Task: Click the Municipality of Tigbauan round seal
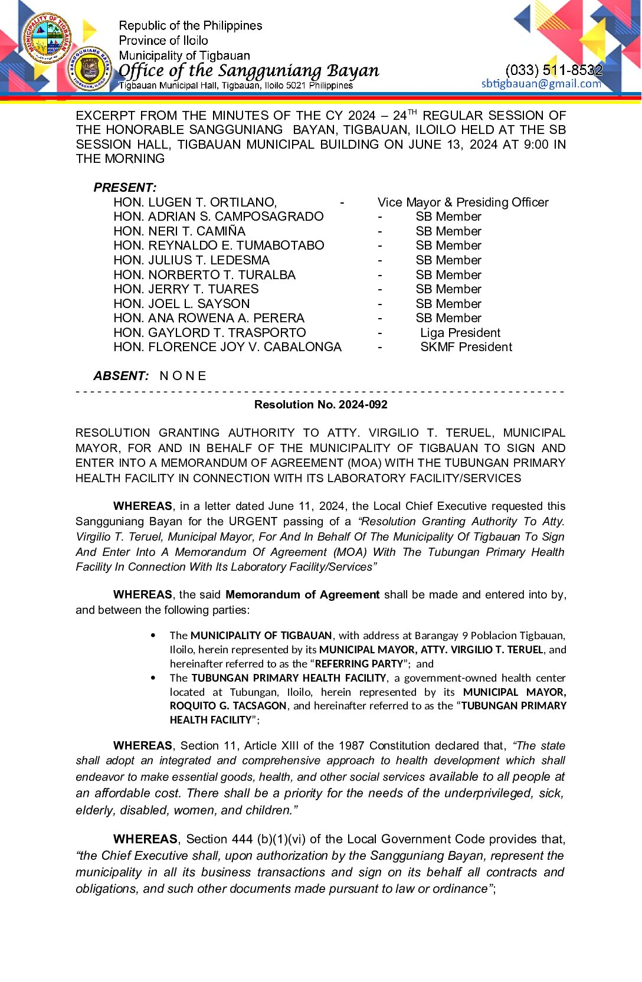coord(48,38)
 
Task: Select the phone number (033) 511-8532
coord(553,70)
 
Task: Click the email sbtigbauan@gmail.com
coord(541,84)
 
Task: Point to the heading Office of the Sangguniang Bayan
coord(248,71)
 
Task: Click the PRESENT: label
coord(125,188)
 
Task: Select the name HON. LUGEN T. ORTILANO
coord(195,202)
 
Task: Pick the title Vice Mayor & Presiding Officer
coord(463,202)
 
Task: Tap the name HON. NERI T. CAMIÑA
coord(179,231)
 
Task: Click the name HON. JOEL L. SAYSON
coord(182,304)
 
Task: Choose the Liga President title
coord(460,333)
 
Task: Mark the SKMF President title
coord(466,347)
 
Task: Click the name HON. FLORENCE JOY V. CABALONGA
coord(227,347)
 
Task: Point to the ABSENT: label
coord(121,376)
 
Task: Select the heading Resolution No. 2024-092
coord(321,405)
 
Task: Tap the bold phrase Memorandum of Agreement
coord(302,595)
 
